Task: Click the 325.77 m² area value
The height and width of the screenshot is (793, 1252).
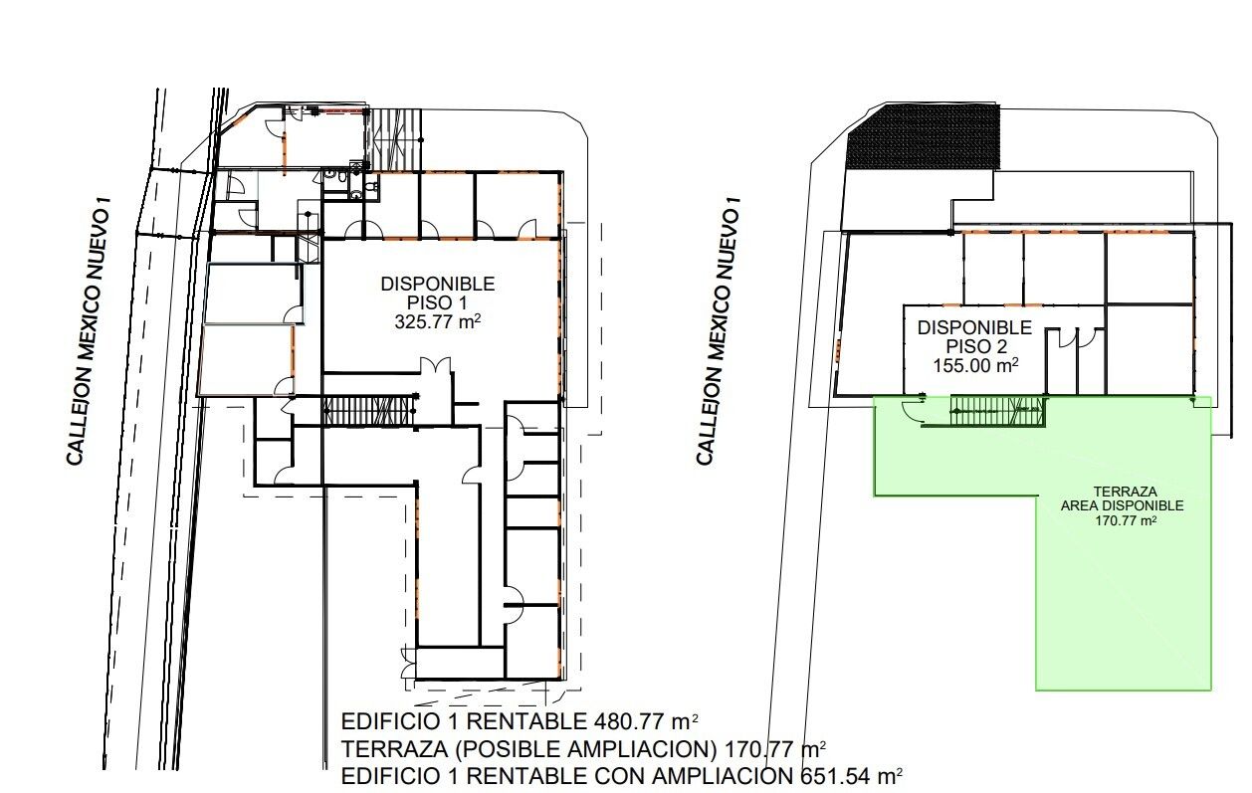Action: [438, 322]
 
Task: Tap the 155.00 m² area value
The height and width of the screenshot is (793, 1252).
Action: [975, 365]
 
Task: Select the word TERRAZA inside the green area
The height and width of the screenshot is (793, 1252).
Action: [1125, 492]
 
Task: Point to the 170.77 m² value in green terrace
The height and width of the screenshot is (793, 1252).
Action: [1126, 520]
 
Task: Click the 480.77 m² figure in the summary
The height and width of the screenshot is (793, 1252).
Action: [646, 721]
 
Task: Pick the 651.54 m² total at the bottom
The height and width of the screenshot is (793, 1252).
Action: [852, 776]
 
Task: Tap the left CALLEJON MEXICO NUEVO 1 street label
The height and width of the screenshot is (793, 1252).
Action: [87, 331]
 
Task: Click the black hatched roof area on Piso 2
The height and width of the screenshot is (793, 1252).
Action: [925, 137]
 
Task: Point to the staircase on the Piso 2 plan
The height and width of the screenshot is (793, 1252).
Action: [996, 411]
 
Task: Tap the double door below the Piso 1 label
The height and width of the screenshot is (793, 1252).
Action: [435, 366]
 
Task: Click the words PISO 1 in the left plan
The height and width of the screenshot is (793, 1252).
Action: [437, 302]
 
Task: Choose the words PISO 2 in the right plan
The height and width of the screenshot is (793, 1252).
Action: [974, 346]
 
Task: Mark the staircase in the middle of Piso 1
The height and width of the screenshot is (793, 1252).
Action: [369, 411]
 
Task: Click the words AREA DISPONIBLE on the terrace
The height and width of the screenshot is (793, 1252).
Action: [1123, 505]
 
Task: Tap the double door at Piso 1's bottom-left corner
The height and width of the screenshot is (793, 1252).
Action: [407, 663]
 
